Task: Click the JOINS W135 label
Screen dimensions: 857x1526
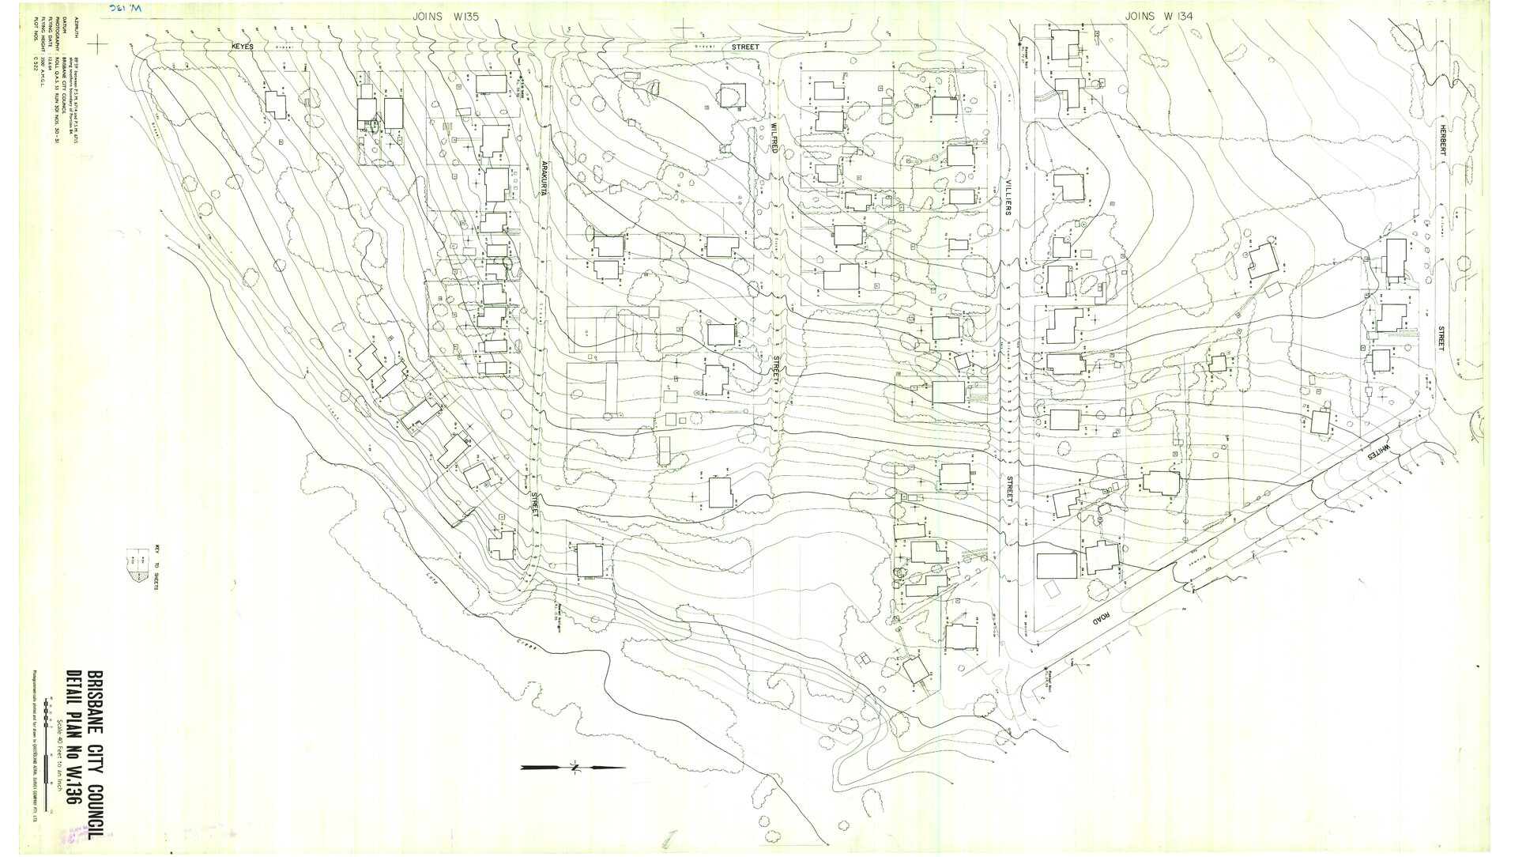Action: (x=446, y=16)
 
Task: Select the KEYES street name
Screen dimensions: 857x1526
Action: (x=242, y=47)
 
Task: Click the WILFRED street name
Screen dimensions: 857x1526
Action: (x=776, y=145)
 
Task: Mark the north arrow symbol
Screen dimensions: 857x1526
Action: (x=573, y=767)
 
